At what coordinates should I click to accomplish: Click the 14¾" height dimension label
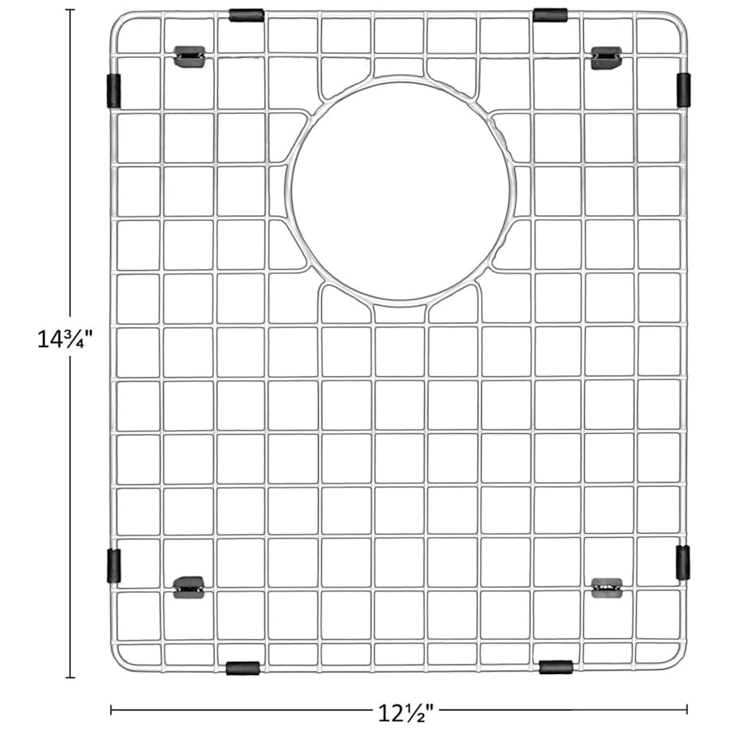(65, 339)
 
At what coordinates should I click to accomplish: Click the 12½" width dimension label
(406, 712)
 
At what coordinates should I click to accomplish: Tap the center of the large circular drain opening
(401, 191)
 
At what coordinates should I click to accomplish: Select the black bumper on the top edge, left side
(247, 15)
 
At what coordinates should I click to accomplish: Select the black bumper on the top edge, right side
(550, 15)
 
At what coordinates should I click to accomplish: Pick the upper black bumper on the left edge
(114, 91)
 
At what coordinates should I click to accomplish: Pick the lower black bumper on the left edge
(114, 565)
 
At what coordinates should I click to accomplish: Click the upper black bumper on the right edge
(684, 89)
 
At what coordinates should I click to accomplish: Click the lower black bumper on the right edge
(683, 562)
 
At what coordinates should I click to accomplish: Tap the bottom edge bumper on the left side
(243, 668)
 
